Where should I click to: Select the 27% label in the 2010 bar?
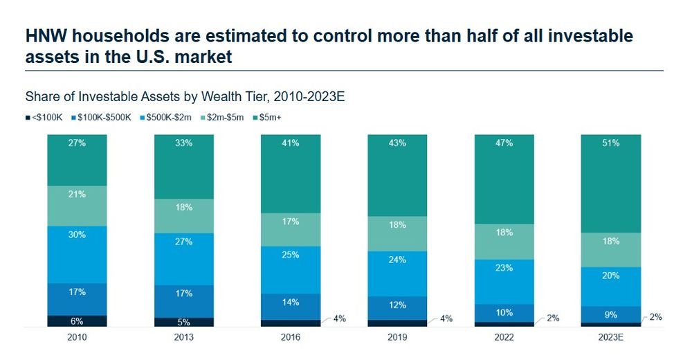pyautogui.click(x=77, y=143)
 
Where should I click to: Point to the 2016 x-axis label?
pyautogui.click(x=290, y=338)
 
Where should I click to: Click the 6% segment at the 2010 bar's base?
pyautogui.click(x=77, y=321)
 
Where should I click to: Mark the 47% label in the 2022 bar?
pyautogui.click(x=504, y=143)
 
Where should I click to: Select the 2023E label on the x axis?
pyautogui.click(x=610, y=338)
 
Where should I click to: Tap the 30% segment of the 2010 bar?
pyautogui.click(x=77, y=254)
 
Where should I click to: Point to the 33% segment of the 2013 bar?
pyautogui.click(x=183, y=166)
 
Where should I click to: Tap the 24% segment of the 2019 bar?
pyautogui.click(x=397, y=273)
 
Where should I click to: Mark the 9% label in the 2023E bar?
pyautogui.click(x=610, y=315)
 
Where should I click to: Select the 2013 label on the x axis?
pyautogui.click(x=183, y=338)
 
